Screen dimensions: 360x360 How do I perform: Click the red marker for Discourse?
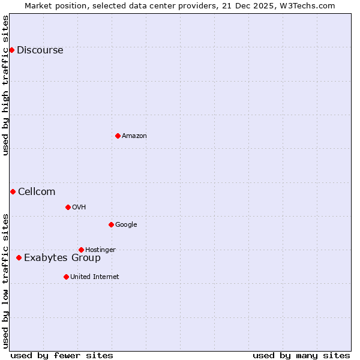11,50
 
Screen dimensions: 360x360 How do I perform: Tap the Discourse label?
40,50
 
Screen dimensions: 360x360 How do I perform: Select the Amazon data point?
118,136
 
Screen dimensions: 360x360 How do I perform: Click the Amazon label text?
134,136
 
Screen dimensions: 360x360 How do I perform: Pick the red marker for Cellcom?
13,191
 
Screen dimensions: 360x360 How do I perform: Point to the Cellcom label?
37,192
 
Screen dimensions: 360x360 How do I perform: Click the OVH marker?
68,207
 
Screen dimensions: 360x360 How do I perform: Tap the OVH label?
79,208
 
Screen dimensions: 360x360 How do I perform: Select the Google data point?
111,224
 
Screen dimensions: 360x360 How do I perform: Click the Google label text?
126,225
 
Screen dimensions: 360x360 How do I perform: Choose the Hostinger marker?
81,250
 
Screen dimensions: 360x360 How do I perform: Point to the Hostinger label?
100,250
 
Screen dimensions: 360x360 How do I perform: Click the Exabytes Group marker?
19,257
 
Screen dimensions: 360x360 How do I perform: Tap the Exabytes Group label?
62,258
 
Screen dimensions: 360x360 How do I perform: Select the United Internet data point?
66,277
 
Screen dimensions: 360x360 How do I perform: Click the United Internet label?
94,277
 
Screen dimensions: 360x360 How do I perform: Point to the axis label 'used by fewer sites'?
62,355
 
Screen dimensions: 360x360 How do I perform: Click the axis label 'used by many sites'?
301,355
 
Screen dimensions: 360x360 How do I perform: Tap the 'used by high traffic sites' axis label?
5,85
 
